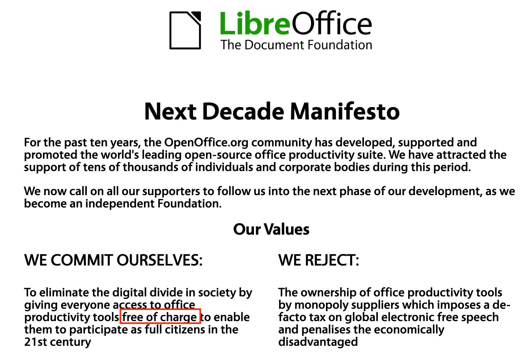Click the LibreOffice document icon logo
coord(185,30)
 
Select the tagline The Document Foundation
coord(296,45)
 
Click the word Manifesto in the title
coord(345,112)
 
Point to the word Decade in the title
coord(243,112)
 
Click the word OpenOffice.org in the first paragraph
coord(206,142)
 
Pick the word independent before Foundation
coord(120,203)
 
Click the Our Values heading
coord(271,229)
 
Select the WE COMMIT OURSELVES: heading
coord(113,260)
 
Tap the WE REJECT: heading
coord(319,260)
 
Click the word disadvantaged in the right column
coord(318,342)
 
